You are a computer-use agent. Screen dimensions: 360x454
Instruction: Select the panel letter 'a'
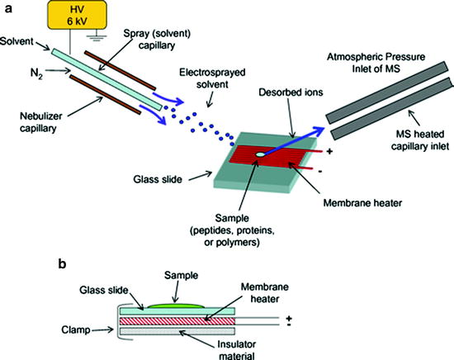point(8,7)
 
